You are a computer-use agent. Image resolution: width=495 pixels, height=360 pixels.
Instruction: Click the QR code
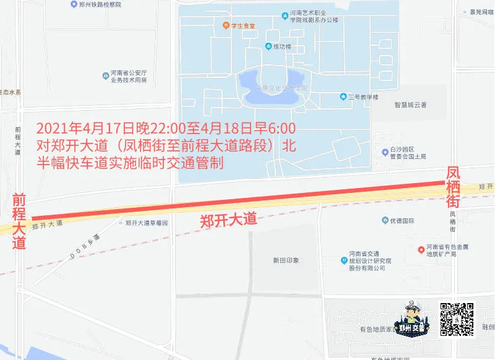(x=457, y=319)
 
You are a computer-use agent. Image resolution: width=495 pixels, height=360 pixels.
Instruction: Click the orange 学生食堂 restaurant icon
(x=226, y=25)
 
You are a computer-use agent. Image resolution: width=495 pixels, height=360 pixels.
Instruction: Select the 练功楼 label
(x=277, y=46)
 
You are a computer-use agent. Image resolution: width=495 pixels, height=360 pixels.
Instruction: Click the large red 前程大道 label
(x=19, y=221)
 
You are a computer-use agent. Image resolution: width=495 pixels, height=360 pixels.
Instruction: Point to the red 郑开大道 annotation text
(x=228, y=220)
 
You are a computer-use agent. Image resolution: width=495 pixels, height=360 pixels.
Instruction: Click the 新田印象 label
(x=286, y=260)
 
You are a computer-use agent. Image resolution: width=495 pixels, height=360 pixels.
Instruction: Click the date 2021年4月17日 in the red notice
(x=78, y=129)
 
